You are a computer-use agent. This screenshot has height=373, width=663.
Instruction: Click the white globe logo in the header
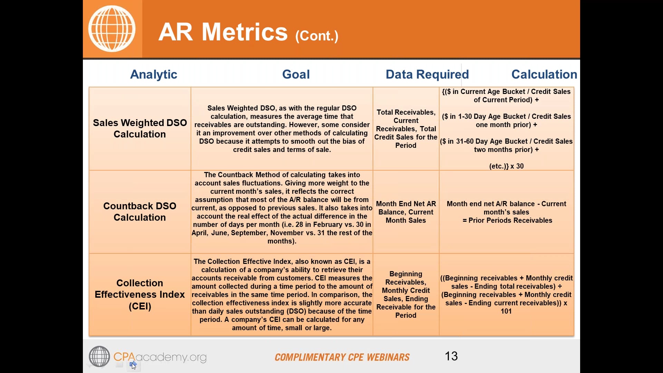coord(112,29)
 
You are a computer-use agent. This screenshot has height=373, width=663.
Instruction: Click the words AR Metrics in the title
coord(223,32)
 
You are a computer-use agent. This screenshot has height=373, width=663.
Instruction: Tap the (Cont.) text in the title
coord(317,36)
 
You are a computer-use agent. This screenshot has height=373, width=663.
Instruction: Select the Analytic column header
coord(153,74)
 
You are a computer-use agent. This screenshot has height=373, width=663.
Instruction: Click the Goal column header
coord(296,74)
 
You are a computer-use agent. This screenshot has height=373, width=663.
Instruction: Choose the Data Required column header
coord(427,74)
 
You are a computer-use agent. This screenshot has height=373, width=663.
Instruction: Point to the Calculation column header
coord(544,74)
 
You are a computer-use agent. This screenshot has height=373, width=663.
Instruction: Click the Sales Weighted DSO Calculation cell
coord(140,128)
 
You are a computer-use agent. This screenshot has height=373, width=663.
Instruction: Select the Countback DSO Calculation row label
coord(140,211)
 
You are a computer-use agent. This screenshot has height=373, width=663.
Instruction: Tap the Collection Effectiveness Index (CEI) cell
coord(140,294)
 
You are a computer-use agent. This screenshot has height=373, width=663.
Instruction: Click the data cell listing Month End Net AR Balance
coord(406,212)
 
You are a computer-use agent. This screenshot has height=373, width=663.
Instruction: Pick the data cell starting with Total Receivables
coord(406,128)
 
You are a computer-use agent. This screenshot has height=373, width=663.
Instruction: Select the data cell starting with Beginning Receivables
coord(406,294)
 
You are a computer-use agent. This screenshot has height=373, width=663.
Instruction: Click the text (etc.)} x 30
coord(506,166)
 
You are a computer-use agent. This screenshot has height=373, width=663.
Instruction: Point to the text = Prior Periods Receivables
coord(507,220)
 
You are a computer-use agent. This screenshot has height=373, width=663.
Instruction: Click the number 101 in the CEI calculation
coord(506,311)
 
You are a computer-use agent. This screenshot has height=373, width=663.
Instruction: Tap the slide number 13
coord(451,356)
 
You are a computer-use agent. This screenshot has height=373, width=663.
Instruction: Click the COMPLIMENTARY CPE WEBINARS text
coord(342,357)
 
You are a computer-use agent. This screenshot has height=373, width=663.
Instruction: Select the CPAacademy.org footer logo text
coord(160,357)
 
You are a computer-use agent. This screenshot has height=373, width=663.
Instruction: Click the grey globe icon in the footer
coord(99,356)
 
